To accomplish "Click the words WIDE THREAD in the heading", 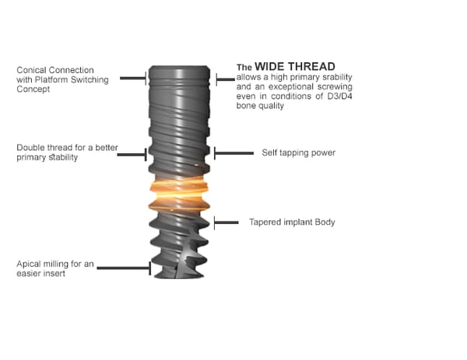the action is [x=295, y=66].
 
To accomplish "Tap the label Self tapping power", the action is [x=298, y=153].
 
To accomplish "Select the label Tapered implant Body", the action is [x=292, y=222].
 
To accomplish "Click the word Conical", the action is [x=31, y=70].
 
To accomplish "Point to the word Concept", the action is [x=33, y=89].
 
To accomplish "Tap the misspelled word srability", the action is [x=335, y=77].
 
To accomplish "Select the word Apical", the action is [x=29, y=264].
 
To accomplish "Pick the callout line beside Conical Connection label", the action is [x=133, y=79].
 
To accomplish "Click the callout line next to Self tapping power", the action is [x=233, y=153].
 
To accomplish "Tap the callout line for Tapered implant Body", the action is [x=226, y=222].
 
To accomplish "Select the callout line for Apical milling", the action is [x=124, y=268].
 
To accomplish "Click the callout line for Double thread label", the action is [x=132, y=155].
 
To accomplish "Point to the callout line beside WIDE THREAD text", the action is [x=226, y=79].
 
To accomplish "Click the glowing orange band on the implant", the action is [x=179, y=193].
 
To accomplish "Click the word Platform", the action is [x=51, y=80].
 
